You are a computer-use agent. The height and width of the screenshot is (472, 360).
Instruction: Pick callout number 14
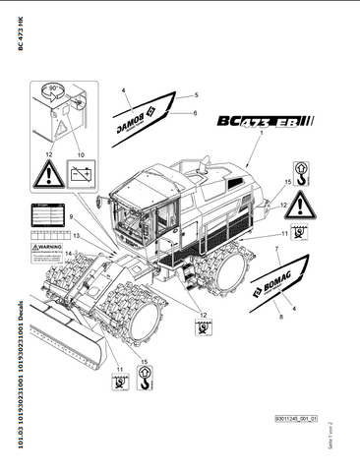(x=69, y=253)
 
